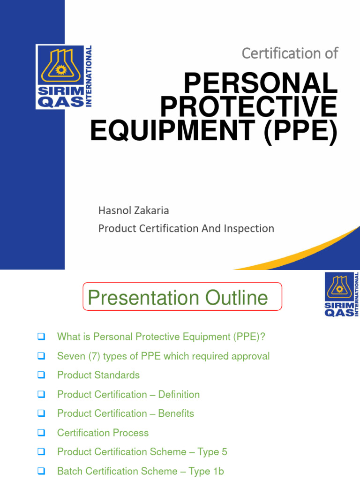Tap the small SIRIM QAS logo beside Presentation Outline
click(342, 294)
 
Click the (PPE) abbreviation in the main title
click(300, 132)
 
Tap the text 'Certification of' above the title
click(290, 53)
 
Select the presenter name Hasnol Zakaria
click(134, 210)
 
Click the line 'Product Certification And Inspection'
click(186, 228)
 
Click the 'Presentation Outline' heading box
click(182, 297)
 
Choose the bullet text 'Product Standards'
click(98, 375)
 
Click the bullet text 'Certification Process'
click(103, 433)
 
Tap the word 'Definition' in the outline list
click(179, 394)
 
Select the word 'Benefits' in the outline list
click(176, 413)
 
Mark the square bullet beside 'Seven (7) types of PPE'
click(41, 356)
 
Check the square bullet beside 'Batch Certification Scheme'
click(41, 471)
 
